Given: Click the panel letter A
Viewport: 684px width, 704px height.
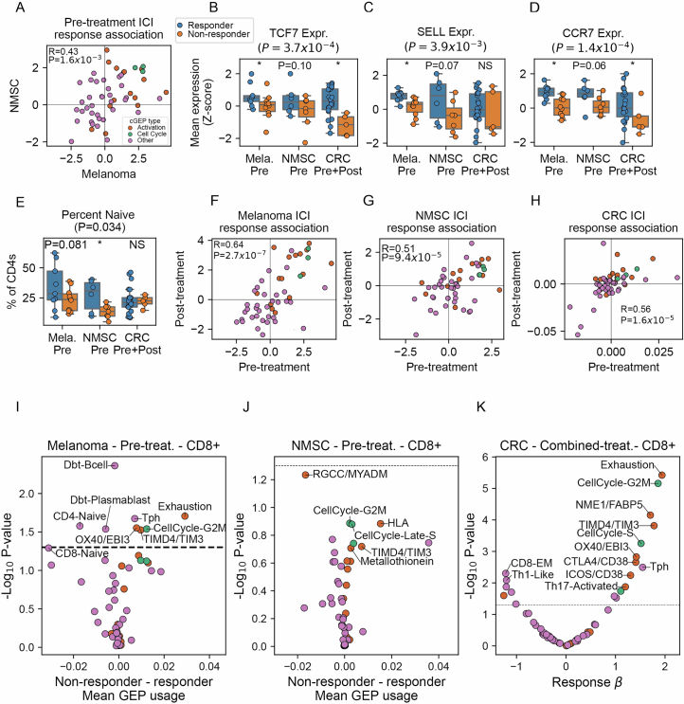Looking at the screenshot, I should click(10, 8).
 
